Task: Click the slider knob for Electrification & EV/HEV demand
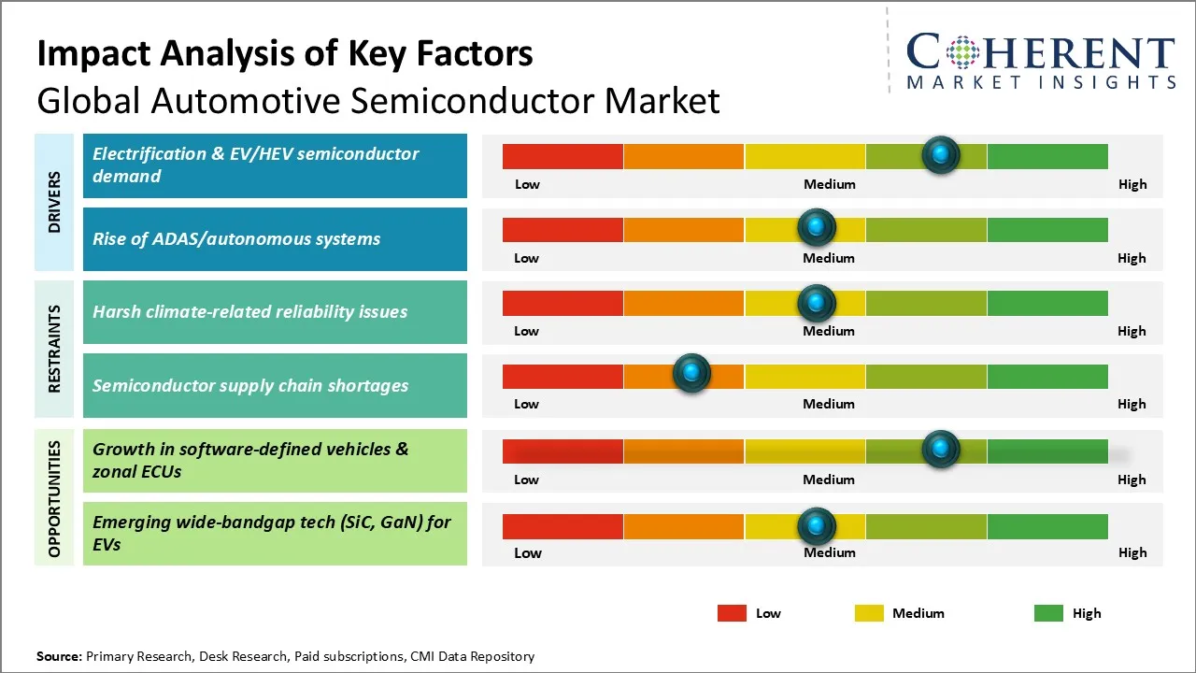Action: pos(941,155)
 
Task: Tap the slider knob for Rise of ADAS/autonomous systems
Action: pos(817,227)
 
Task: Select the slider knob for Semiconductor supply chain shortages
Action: pos(692,372)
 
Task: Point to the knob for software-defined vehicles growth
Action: pos(941,449)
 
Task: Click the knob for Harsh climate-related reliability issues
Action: pos(817,303)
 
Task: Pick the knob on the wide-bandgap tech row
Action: pos(817,526)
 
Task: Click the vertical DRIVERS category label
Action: pos(54,202)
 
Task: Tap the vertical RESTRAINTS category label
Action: pos(54,349)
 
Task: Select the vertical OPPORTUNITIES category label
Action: pos(54,499)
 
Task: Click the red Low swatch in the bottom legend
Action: pos(732,613)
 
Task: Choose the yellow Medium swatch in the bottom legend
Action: pos(869,613)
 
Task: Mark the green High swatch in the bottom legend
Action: pos(1048,613)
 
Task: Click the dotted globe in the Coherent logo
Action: pos(962,52)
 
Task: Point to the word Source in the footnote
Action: pos(59,656)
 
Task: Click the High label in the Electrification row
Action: pos(1132,185)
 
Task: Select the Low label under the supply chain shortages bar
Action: pos(526,404)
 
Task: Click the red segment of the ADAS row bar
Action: pos(562,230)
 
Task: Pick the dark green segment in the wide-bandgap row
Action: pos(1047,526)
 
